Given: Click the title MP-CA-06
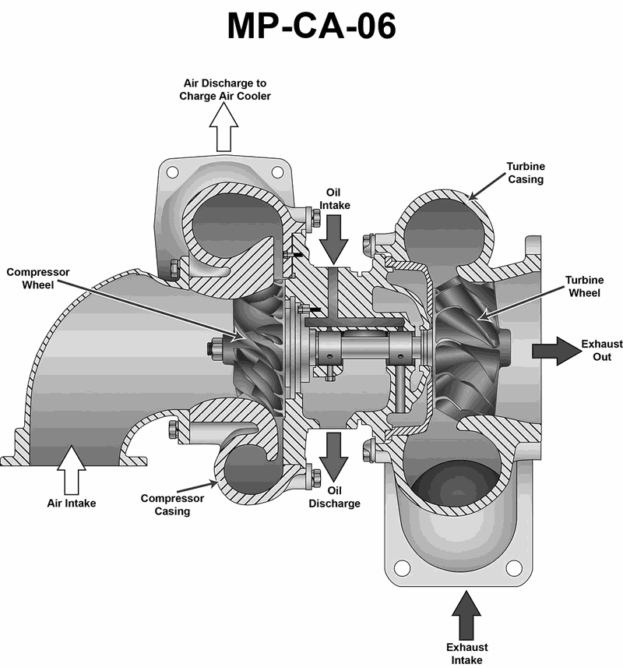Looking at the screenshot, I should coord(311,26).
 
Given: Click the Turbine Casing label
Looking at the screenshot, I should coord(525,172).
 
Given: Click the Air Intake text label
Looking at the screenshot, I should coord(72,504).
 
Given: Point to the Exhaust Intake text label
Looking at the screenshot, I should coord(467,653).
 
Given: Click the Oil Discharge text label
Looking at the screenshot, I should coord(335,497).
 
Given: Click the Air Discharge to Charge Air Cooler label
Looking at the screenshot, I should coord(225,90).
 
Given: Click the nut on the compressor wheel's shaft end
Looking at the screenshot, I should coord(211,345).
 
